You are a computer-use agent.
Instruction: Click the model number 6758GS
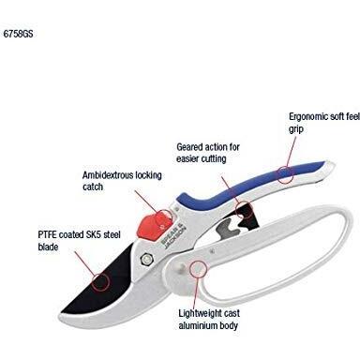tap(18, 34)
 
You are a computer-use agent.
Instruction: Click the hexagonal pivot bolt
tap(145, 260)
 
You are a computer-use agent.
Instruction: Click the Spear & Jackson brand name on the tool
tap(173, 236)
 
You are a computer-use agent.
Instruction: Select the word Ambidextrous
tap(107, 175)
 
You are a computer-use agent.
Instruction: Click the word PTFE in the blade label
tap(47, 234)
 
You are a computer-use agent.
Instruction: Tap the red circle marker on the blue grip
tap(286, 174)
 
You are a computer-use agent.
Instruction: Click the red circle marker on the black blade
tap(100, 282)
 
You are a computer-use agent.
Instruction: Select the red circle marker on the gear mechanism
tap(244, 209)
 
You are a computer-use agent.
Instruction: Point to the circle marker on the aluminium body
tap(198, 269)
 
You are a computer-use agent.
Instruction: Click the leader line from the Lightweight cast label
tap(196, 292)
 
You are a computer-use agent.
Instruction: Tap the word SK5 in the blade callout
tap(92, 234)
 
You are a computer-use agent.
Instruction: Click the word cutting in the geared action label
tap(214, 158)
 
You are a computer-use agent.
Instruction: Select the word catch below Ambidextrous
tap(93, 187)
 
